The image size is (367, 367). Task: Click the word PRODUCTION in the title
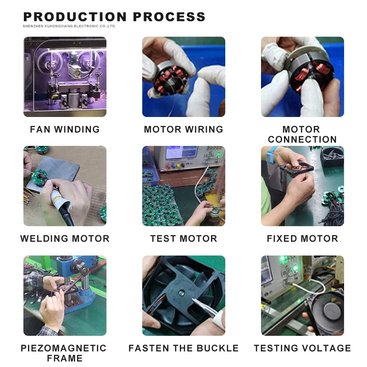(75, 17)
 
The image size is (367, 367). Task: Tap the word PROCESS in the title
(169, 17)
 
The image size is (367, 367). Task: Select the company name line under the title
(69, 26)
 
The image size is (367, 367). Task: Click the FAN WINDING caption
(65, 129)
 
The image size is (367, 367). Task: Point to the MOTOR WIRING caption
(184, 129)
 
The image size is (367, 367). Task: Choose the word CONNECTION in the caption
(302, 139)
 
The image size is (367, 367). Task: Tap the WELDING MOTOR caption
(65, 239)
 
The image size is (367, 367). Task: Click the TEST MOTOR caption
(184, 239)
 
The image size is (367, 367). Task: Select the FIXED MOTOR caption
(302, 239)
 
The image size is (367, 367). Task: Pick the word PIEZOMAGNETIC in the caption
(64, 348)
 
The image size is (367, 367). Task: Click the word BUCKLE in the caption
(217, 348)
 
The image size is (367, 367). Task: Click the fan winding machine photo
(65, 77)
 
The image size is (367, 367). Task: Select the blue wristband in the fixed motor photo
(270, 153)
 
